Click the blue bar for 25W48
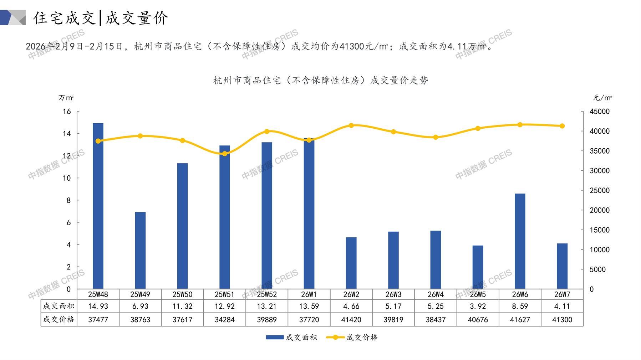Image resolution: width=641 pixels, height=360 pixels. click(x=98, y=206)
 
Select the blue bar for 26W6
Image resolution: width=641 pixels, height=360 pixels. click(x=520, y=241)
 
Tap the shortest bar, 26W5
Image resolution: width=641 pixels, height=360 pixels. click(x=478, y=267)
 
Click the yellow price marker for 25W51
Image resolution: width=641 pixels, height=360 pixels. click(x=225, y=154)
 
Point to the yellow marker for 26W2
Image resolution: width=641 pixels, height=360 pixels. click(x=351, y=125)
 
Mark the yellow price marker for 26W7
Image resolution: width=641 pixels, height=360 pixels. click(x=562, y=126)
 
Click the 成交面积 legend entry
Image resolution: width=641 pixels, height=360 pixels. click(x=291, y=337)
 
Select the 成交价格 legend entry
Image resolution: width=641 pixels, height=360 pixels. click(x=352, y=337)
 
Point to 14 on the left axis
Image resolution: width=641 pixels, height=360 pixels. click(x=67, y=134)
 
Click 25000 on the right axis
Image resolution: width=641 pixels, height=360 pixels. click(x=599, y=190)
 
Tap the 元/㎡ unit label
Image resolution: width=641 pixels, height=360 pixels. click(x=602, y=98)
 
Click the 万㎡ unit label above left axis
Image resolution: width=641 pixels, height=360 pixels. click(x=66, y=98)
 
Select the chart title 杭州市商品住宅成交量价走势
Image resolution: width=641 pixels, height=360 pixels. click(x=320, y=81)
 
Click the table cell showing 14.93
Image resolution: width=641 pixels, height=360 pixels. click(x=98, y=306)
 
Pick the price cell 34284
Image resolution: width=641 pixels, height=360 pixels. click(x=225, y=320)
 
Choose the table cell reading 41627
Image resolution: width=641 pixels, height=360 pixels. click(x=520, y=320)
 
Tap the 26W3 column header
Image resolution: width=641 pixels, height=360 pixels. click(x=393, y=294)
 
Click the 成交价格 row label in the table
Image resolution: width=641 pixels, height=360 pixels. click(x=59, y=319)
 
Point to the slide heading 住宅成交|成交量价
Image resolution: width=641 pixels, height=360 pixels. click(x=101, y=18)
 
